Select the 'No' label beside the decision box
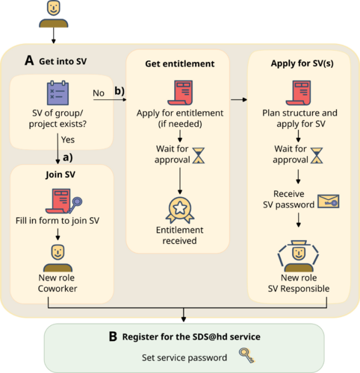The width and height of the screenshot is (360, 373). tap(99, 93)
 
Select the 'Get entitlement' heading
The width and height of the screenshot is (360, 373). tap(180, 63)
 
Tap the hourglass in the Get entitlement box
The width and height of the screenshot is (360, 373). tap(199, 155)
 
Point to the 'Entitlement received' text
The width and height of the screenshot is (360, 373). tap(179, 235)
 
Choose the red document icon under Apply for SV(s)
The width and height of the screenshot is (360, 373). tap(299, 93)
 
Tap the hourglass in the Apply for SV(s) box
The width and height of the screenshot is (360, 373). tap(317, 154)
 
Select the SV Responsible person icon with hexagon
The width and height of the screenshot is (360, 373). tap(299, 256)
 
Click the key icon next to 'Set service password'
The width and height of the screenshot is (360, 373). tap(244, 357)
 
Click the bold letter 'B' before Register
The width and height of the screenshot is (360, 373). tap(113, 336)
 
